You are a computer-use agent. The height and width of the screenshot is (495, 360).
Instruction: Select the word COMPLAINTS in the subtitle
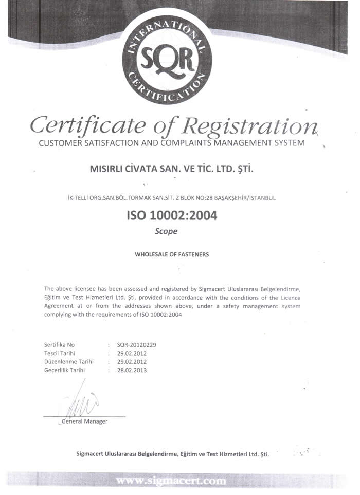click(193, 142)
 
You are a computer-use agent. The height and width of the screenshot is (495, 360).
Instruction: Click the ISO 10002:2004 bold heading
click(172, 215)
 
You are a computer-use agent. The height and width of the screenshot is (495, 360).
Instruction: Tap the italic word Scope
click(166, 231)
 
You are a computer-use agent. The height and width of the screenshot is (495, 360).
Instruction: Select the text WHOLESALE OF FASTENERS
click(172, 254)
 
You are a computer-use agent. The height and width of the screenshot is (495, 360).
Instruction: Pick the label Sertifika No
click(60, 345)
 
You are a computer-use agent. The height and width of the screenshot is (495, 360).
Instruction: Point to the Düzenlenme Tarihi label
click(69, 361)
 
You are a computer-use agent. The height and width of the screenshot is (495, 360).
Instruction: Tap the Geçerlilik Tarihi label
click(65, 370)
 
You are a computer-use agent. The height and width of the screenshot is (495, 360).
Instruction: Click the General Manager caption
click(84, 421)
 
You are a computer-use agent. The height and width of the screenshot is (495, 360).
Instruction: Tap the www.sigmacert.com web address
click(171, 481)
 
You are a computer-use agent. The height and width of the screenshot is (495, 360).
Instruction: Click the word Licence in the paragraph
click(290, 298)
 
